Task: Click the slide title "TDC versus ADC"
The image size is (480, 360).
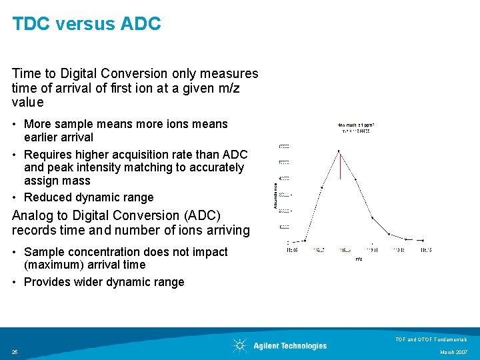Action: tap(87, 24)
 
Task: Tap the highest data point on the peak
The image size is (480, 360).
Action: tap(339, 152)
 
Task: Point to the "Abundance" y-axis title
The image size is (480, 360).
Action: tap(276, 197)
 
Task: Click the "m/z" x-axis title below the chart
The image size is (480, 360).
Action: tap(359, 258)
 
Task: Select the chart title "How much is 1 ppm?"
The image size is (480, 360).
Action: tap(355, 124)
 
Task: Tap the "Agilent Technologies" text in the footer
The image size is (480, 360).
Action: tap(290, 346)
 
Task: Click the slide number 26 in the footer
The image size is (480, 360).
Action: tap(15, 352)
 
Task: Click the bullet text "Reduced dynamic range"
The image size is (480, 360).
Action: tap(89, 197)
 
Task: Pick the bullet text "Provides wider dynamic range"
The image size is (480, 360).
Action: tap(104, 282)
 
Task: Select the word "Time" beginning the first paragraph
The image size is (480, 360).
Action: tap(25, 73)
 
